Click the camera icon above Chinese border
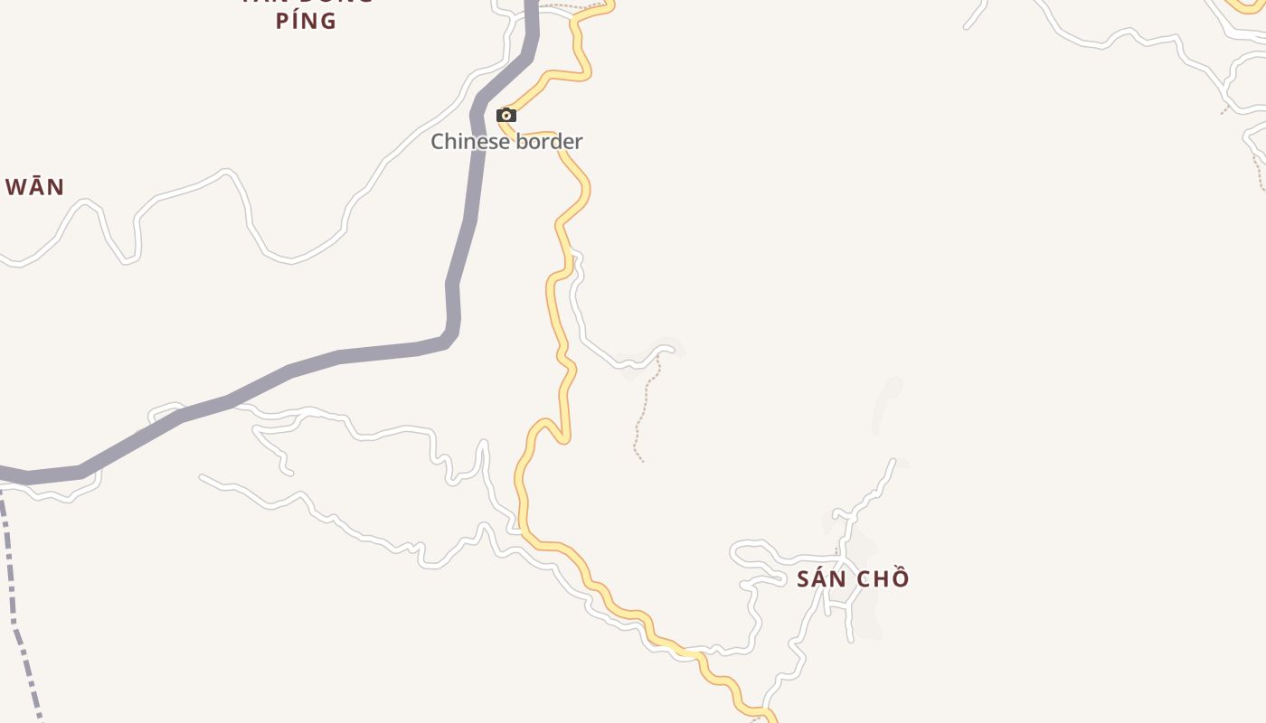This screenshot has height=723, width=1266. (x=506, y=115)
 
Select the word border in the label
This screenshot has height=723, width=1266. (x=549, y=141)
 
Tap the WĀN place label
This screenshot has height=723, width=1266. (x=35, y=187)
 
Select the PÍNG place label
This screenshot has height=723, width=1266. (x=306, y=21)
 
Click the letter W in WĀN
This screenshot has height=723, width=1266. (x=15, y=187)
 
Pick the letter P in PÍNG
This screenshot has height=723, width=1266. (x=282, y=21)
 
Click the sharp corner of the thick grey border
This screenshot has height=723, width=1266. (x=449, y=338)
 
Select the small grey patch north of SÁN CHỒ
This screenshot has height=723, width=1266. (x=887, y=402)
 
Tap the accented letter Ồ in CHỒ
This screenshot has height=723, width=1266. (x=898, y=578)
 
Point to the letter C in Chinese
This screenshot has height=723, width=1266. (x=438, y=141)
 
